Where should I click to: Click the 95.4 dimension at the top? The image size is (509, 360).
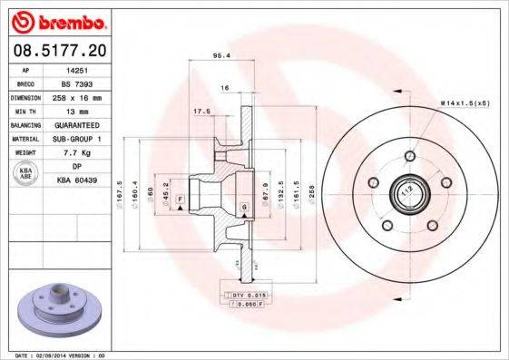pyautogui.click(x=219, y=56)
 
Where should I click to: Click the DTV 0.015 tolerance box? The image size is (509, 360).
pyautogui.click(x=241, y=296)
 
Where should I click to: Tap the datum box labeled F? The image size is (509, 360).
pyautogui.click(x=181, y=199)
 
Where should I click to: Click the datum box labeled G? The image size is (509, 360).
pyautogui.click(x=244, y=209)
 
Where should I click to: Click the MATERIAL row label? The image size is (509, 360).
pyautogui.click(x=26, y=140)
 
